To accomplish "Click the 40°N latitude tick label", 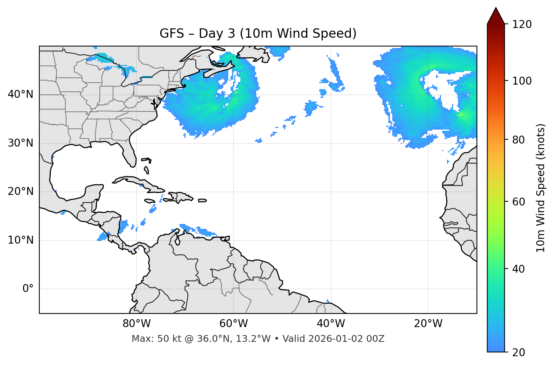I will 20,94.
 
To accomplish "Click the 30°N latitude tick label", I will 20,143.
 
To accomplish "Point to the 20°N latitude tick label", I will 20,191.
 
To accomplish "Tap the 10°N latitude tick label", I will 20,240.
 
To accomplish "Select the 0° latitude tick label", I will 28,289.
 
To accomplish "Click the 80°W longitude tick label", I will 136,324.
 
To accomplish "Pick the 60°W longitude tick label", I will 234,324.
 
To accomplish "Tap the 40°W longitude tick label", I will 331,324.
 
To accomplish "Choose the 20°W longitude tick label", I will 428,324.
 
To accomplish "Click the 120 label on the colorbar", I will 522,25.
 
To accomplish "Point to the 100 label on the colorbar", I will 522,81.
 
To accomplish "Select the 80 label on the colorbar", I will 518,140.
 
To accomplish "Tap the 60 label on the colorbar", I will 518,202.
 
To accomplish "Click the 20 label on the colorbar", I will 518,352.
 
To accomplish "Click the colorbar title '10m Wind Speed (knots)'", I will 541,188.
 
